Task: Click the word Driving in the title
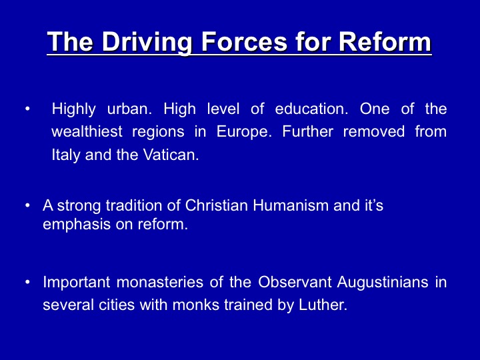point(147,43)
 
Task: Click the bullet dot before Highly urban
point(28,109)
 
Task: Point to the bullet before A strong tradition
point(28,205)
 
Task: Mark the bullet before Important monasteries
point(28,282)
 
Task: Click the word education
point(311,109)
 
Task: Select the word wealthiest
point(87,131)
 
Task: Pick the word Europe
point(244,132)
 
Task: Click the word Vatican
point(171,155)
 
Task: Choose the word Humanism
point(291,205)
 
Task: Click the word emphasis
point(77,225)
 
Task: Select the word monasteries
point(160,282)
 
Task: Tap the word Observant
point(295,282)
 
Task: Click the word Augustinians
point(383,283)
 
